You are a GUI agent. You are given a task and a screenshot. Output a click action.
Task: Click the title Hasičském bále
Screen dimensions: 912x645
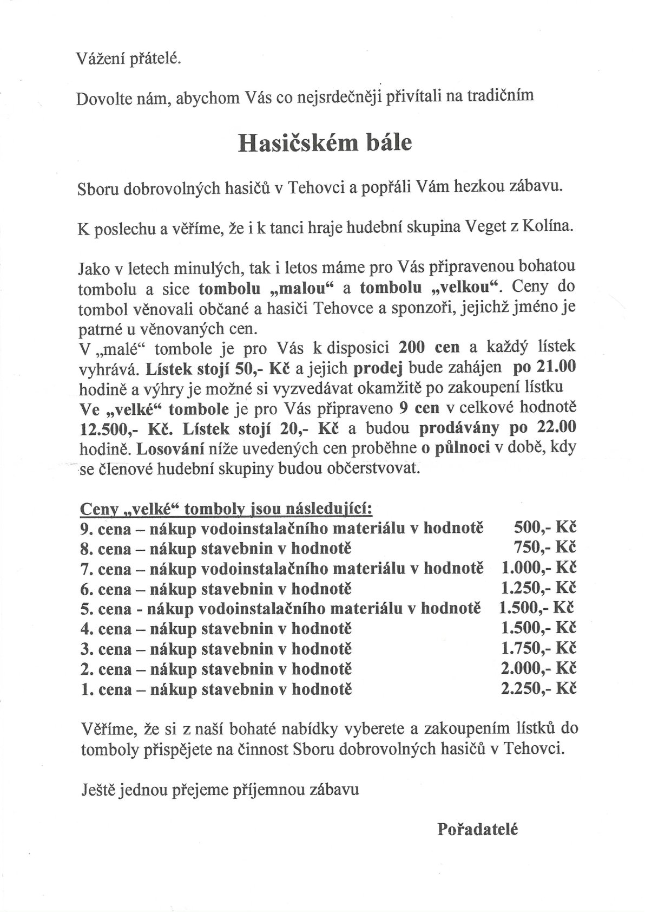(325, 142)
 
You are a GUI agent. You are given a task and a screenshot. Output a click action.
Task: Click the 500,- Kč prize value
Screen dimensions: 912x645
(544, 528)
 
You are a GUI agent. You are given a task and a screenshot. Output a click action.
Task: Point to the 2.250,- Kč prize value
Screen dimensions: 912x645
(538, 689)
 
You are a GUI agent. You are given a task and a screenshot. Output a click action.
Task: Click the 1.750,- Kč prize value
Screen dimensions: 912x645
(538, 649)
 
